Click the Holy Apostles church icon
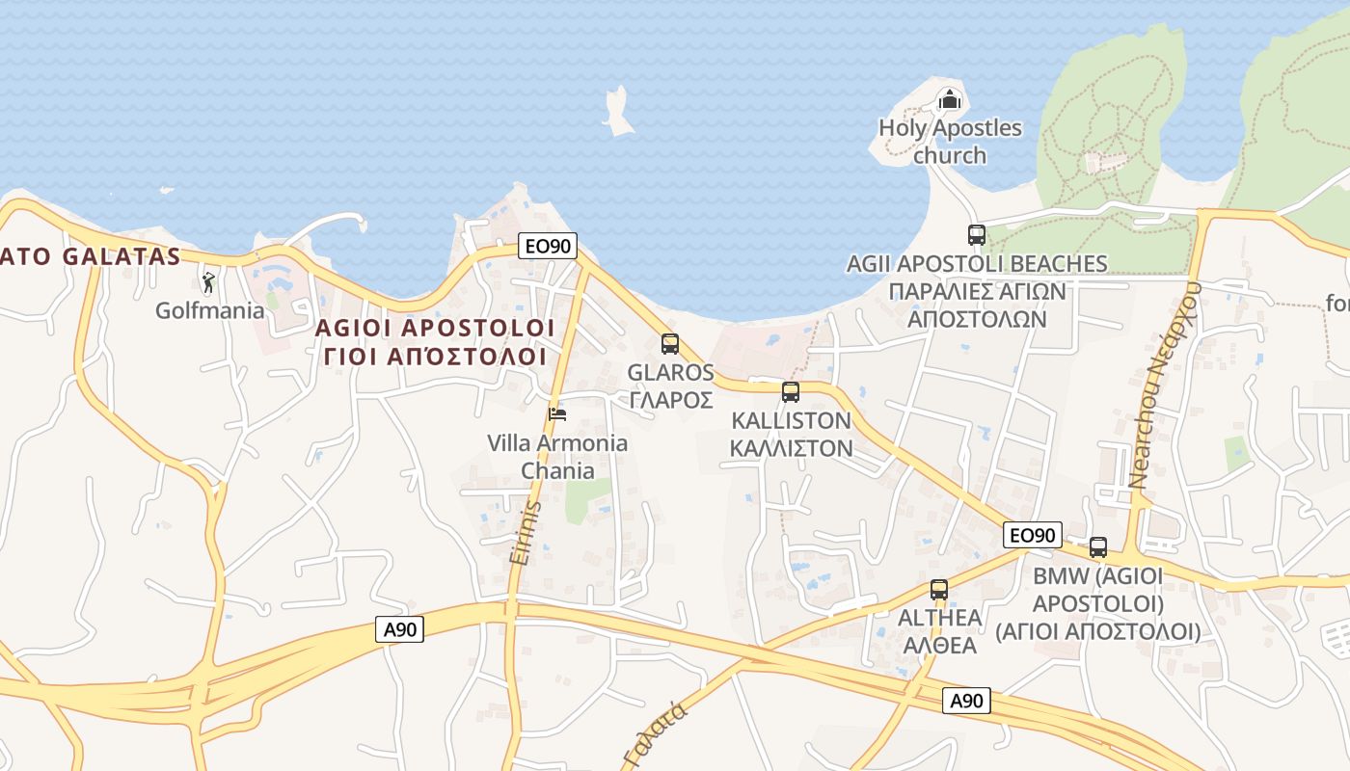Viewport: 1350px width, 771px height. pyautogui.click(x=950, y=98)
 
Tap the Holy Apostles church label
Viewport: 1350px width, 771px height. pyautogui.click(x=950, y=142)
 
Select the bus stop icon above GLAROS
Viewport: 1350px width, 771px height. pyautogui.click(x=669, y=343)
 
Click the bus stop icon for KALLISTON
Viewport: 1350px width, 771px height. pyautogui.click(x=791, y=392)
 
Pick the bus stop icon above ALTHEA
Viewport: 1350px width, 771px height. pyautogui.click(x=938, y=589)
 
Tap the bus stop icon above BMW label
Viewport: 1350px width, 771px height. pyautogui.click(x=1097, y=547)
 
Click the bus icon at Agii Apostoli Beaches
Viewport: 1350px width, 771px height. pyautogui.click(x=976, y=234)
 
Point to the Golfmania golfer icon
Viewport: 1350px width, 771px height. pyautogui.click(x=208, y=282)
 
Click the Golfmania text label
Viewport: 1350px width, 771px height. pyautogui.click(x=210, y=310)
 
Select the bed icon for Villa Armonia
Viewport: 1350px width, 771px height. pyautogui.click(x=556, y=414)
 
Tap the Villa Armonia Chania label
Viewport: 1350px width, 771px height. pyautogui.click(x=557, y=457)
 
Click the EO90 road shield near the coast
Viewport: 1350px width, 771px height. pyautogui.click(x=548, y=246)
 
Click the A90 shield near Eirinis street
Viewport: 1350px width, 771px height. pyautogui.click(x=399, y=629)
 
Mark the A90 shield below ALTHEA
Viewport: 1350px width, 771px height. pyautogui.click(x=966, y=701)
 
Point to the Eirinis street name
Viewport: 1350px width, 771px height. pyautogui.click(x=526, y=531)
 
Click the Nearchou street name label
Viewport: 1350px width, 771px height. pyautogui.click(x=1164, y=385)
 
